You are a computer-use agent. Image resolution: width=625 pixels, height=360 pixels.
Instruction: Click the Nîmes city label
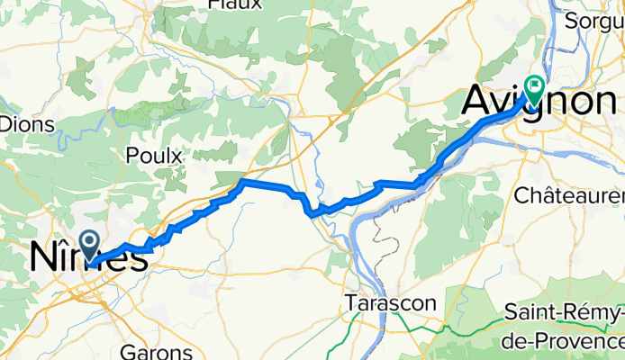pyautogui.click(x=88, y=257)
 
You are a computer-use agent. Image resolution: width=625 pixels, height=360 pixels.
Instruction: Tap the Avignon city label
pyautogui.click(x=538, y=101)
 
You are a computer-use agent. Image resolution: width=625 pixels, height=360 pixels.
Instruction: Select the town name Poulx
pyautogui.click(x=154, y=155)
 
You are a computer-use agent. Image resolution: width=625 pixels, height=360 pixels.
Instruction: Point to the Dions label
pyautogui.click(x=26, y=124)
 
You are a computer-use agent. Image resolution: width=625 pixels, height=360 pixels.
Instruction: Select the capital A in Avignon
pyautogui.click(x=478, y=101)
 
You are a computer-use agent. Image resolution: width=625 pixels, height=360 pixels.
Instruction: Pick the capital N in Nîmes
pyautogui.click(x=44, y=257)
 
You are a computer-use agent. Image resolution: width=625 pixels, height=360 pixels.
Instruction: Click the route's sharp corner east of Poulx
pyautogui.click(x=242, y=182)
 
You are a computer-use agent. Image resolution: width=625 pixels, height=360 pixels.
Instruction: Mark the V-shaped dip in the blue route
pyautogui.click(x=312, y=214)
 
